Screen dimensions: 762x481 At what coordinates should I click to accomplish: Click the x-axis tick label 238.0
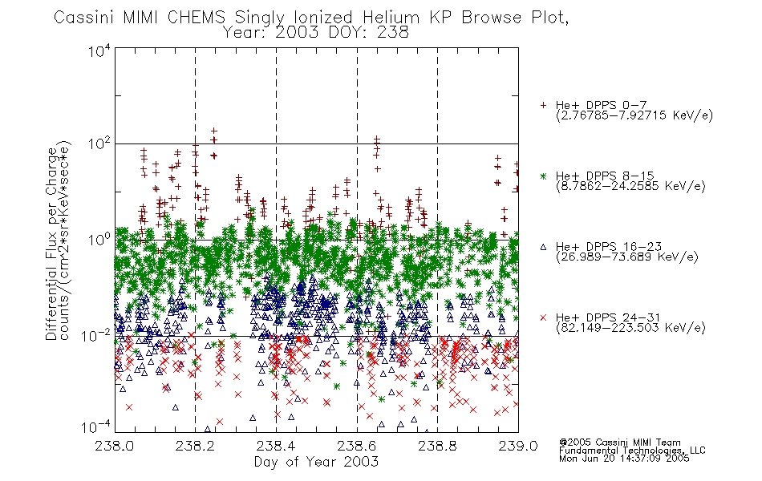click(x=115, y=446)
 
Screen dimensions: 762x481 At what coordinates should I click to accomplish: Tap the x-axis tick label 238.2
click(x=196, y=446)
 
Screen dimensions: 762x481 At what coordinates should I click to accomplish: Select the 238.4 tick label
click(x=276, y=446)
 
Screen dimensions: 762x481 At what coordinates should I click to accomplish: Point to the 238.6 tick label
click(x=357, y=446)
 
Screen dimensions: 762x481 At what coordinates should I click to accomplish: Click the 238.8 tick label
click(x=437, y=446)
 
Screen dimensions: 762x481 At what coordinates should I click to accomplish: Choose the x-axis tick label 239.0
click(x=518, y=446)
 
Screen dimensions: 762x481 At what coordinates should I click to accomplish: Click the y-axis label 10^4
click(x=99, y=51)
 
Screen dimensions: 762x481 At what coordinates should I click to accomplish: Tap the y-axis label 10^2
click(x=99, y=143)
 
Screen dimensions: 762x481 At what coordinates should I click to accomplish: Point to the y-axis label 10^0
click(x=99, y=240)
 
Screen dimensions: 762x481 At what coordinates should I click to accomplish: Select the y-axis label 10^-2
click(x=97, y=335)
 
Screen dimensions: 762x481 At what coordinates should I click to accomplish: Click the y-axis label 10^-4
click(x=97, y=427)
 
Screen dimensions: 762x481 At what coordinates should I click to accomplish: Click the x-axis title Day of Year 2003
click(x=316, y=462)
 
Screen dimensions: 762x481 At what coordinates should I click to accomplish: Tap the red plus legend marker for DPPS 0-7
click(x=543, y=105)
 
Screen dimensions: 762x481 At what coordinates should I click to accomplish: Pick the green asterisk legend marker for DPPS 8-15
click(x=543, y=176)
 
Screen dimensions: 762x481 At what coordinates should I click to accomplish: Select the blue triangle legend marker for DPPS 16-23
click(x=543, y=247)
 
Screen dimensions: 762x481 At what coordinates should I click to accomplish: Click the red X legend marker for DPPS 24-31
click(x=543, y=317)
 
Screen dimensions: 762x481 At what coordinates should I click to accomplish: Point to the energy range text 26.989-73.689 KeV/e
click(x=627, y=257)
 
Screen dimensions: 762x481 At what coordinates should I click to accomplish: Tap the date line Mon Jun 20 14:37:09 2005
click(x=624, y=459)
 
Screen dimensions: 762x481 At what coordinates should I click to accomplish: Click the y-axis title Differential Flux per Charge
click(x=52, y=244)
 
